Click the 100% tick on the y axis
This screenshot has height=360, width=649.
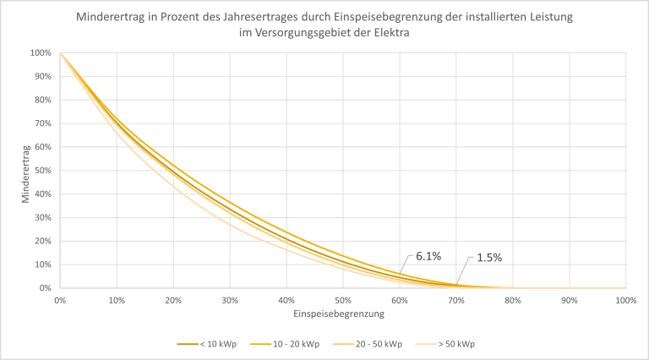pyautogui.click(x=41, y=53)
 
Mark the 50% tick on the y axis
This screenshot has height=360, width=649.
pyautogui.click(x=42, y=171)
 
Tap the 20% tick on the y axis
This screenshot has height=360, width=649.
pyautogui.click(x=42, y=241)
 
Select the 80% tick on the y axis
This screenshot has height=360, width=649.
pyautogui.click(x=42, y=100)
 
